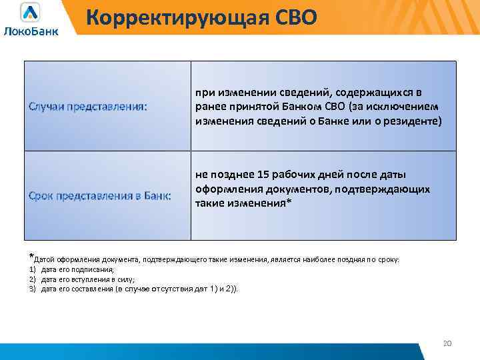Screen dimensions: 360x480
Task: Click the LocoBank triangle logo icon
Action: click(x=30, y=13)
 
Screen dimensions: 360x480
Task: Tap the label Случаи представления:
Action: click(x=88, y=107)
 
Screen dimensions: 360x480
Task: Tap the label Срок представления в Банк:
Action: click(x=99, y=195)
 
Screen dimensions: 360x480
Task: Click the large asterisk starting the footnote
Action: click(x=30, y=256)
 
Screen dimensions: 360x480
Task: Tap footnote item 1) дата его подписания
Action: click(x=77, y=269)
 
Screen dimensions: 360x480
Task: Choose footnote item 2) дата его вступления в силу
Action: click(x=87, y=279)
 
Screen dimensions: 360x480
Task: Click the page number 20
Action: click(x=447, y=343)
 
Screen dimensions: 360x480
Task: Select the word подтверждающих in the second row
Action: click(x=391, y=189)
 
